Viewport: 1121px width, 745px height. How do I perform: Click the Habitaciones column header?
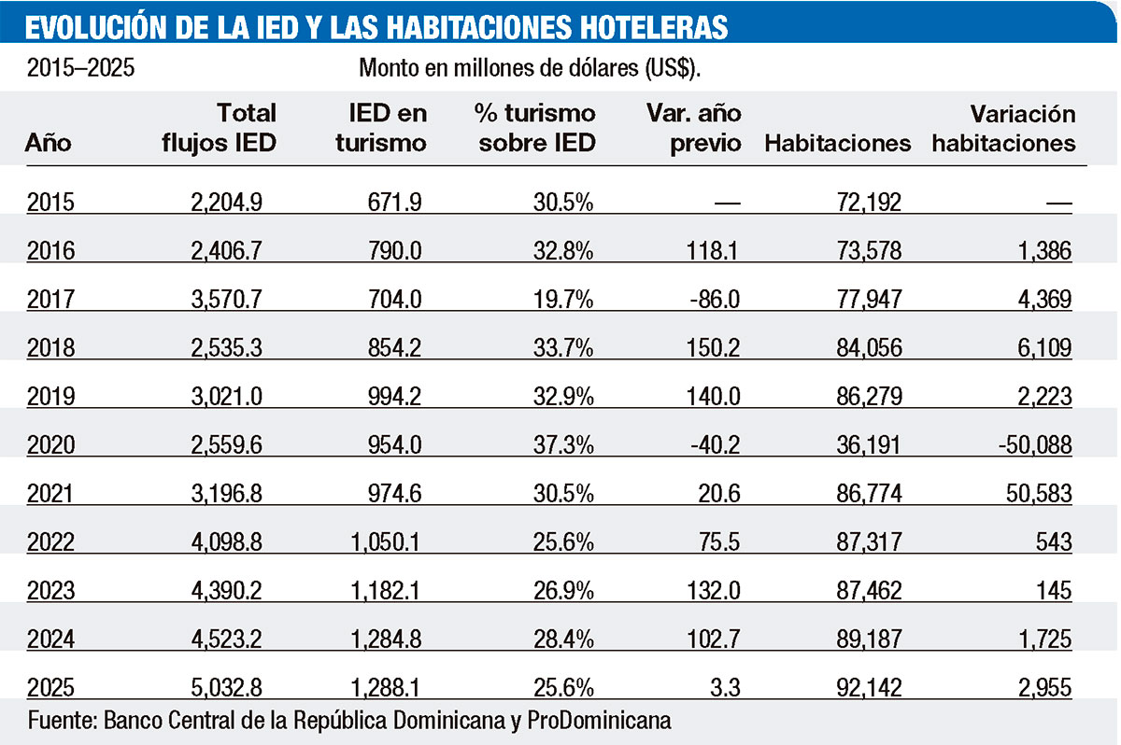point(837,143)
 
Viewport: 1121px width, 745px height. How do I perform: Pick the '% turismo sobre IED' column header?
point(534,129)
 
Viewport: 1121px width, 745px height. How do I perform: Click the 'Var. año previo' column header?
point(694,129)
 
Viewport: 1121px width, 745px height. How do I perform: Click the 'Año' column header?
point(49,144)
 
